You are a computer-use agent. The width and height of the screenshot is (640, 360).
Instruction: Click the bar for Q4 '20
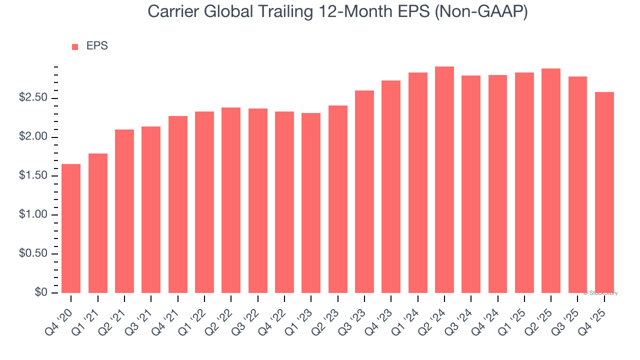point(71,228)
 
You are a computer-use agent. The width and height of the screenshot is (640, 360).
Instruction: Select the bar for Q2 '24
point(444,180)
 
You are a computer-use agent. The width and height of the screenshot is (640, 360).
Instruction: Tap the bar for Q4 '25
point(604,192)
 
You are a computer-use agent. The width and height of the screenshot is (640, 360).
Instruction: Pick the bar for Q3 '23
point(364,191)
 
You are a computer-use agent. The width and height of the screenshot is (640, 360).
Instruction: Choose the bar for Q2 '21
point(124,211)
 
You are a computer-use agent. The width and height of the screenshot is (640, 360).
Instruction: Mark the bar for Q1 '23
point(311,203)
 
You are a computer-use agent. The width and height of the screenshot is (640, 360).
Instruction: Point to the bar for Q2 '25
point(551,180)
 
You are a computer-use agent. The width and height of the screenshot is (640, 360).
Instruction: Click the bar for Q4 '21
point(178,204)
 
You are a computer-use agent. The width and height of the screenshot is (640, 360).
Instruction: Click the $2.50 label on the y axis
point(33,98)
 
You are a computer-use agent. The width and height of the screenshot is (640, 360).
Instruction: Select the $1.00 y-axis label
point(33,215)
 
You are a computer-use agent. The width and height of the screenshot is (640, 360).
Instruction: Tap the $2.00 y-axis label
point(33,137)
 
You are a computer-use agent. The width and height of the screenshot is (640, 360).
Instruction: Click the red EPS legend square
point(75,47)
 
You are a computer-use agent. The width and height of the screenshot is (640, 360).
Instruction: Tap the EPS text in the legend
point(97,46)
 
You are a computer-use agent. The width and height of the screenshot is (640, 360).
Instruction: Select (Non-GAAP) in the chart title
point(481,12)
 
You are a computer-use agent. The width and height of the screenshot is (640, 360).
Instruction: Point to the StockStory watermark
point(600,293)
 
